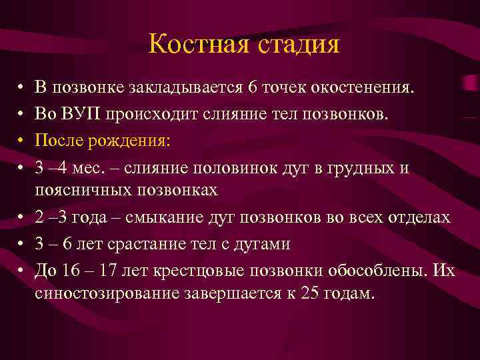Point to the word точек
pyautogui.click(x=289, y=87)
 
